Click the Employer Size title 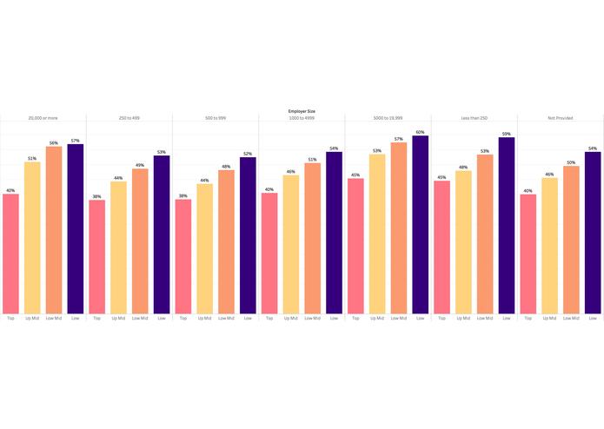pyautogui.click(x=302, y=111)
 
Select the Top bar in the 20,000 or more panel pyautogui.click(x=10, y=254)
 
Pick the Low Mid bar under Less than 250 pyautogui.click(x=485, y=234)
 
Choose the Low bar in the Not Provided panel pyautogui.click(x=593, y=233)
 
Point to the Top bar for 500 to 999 pyautogui.click(x=183, y=257)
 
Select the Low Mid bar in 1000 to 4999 pyautogui.click(x=313, y=238)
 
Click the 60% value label pyautogui.click(x=421, y=132)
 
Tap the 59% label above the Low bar pyautogui.click(x=507, y=134)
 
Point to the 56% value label pyautogui.click(x=54, y=143)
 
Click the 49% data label pyautogui.click(x=140, y=165)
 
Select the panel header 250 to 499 pyautogui.click(x=129, y=118)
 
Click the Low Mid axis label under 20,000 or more pyautogui.click(x=54, y=319)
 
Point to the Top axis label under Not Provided pyautogui.click(x=528, y=319)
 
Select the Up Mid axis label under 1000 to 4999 pyautogui.click(x=291, y=319)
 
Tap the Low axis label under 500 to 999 pyautogui.click(x=248, y=319)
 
